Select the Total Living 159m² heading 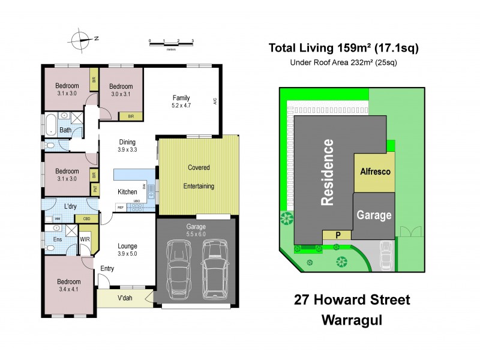(343, 49)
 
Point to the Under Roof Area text (343, 62)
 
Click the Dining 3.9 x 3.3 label (128, 146)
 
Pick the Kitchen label (127, 191)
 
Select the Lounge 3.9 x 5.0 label (127, 250)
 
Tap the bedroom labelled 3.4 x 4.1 (68, 286)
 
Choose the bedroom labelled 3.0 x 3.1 (121, 89)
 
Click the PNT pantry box (94, 190)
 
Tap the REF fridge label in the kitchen (121, 208)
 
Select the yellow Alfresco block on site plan (375, 172)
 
